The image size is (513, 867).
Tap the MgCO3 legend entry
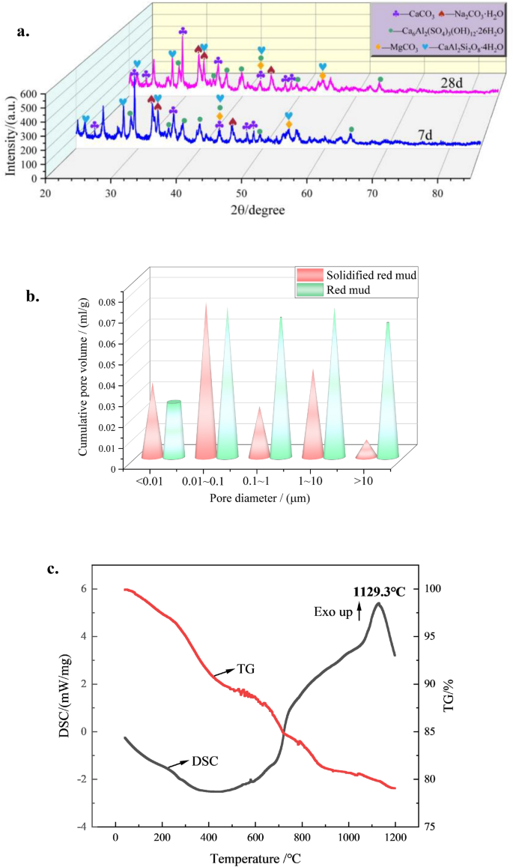(395, 46)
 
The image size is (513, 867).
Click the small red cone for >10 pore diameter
(365, 450)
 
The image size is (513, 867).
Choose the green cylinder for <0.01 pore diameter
(174, 429)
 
